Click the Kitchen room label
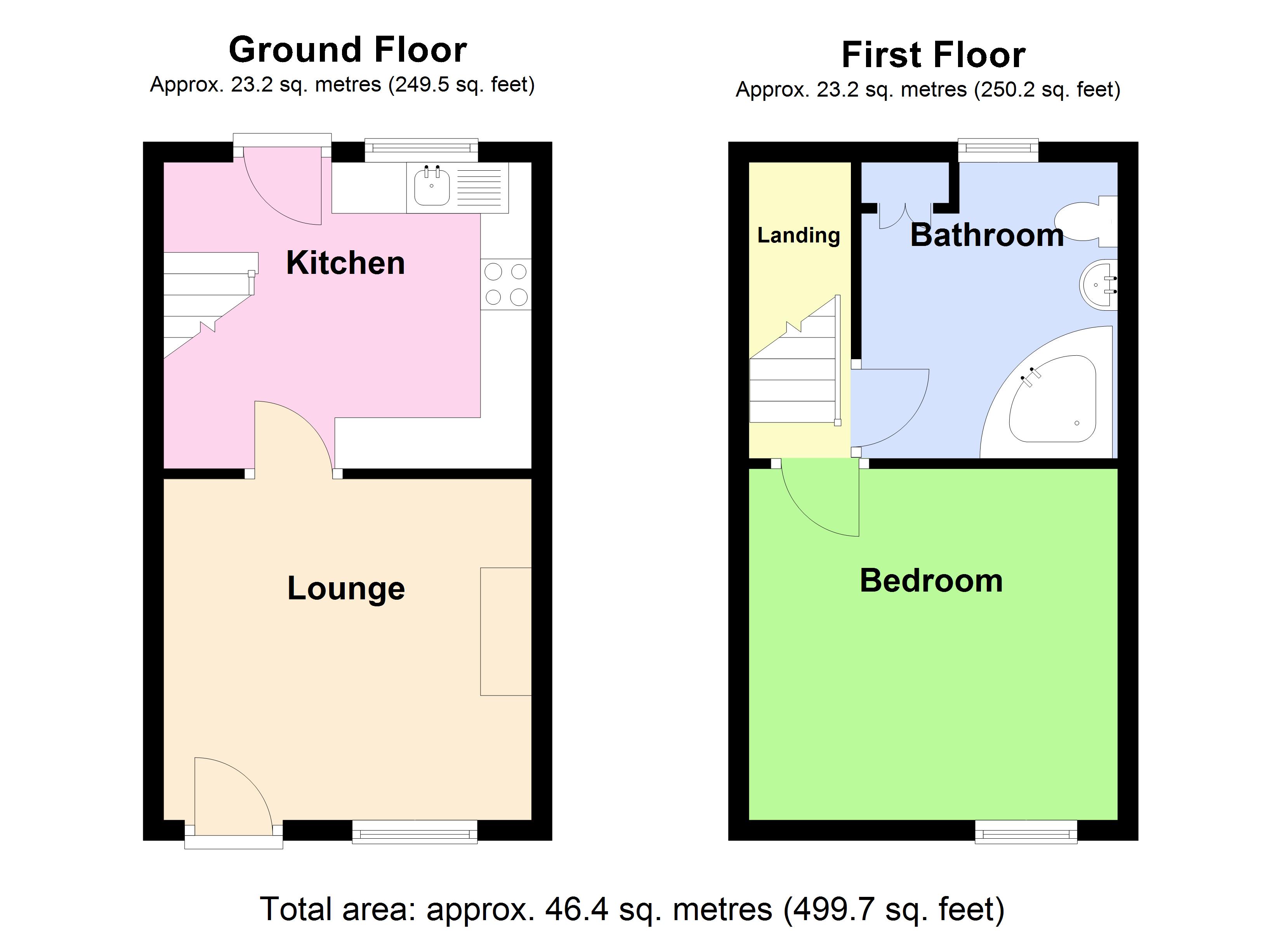(345, 263)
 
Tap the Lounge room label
(345, 588)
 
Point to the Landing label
(798, 235)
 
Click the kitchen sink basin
(432, 187)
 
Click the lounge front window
(415, 832)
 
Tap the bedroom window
(1026, 832)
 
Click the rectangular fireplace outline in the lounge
(505, 631)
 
